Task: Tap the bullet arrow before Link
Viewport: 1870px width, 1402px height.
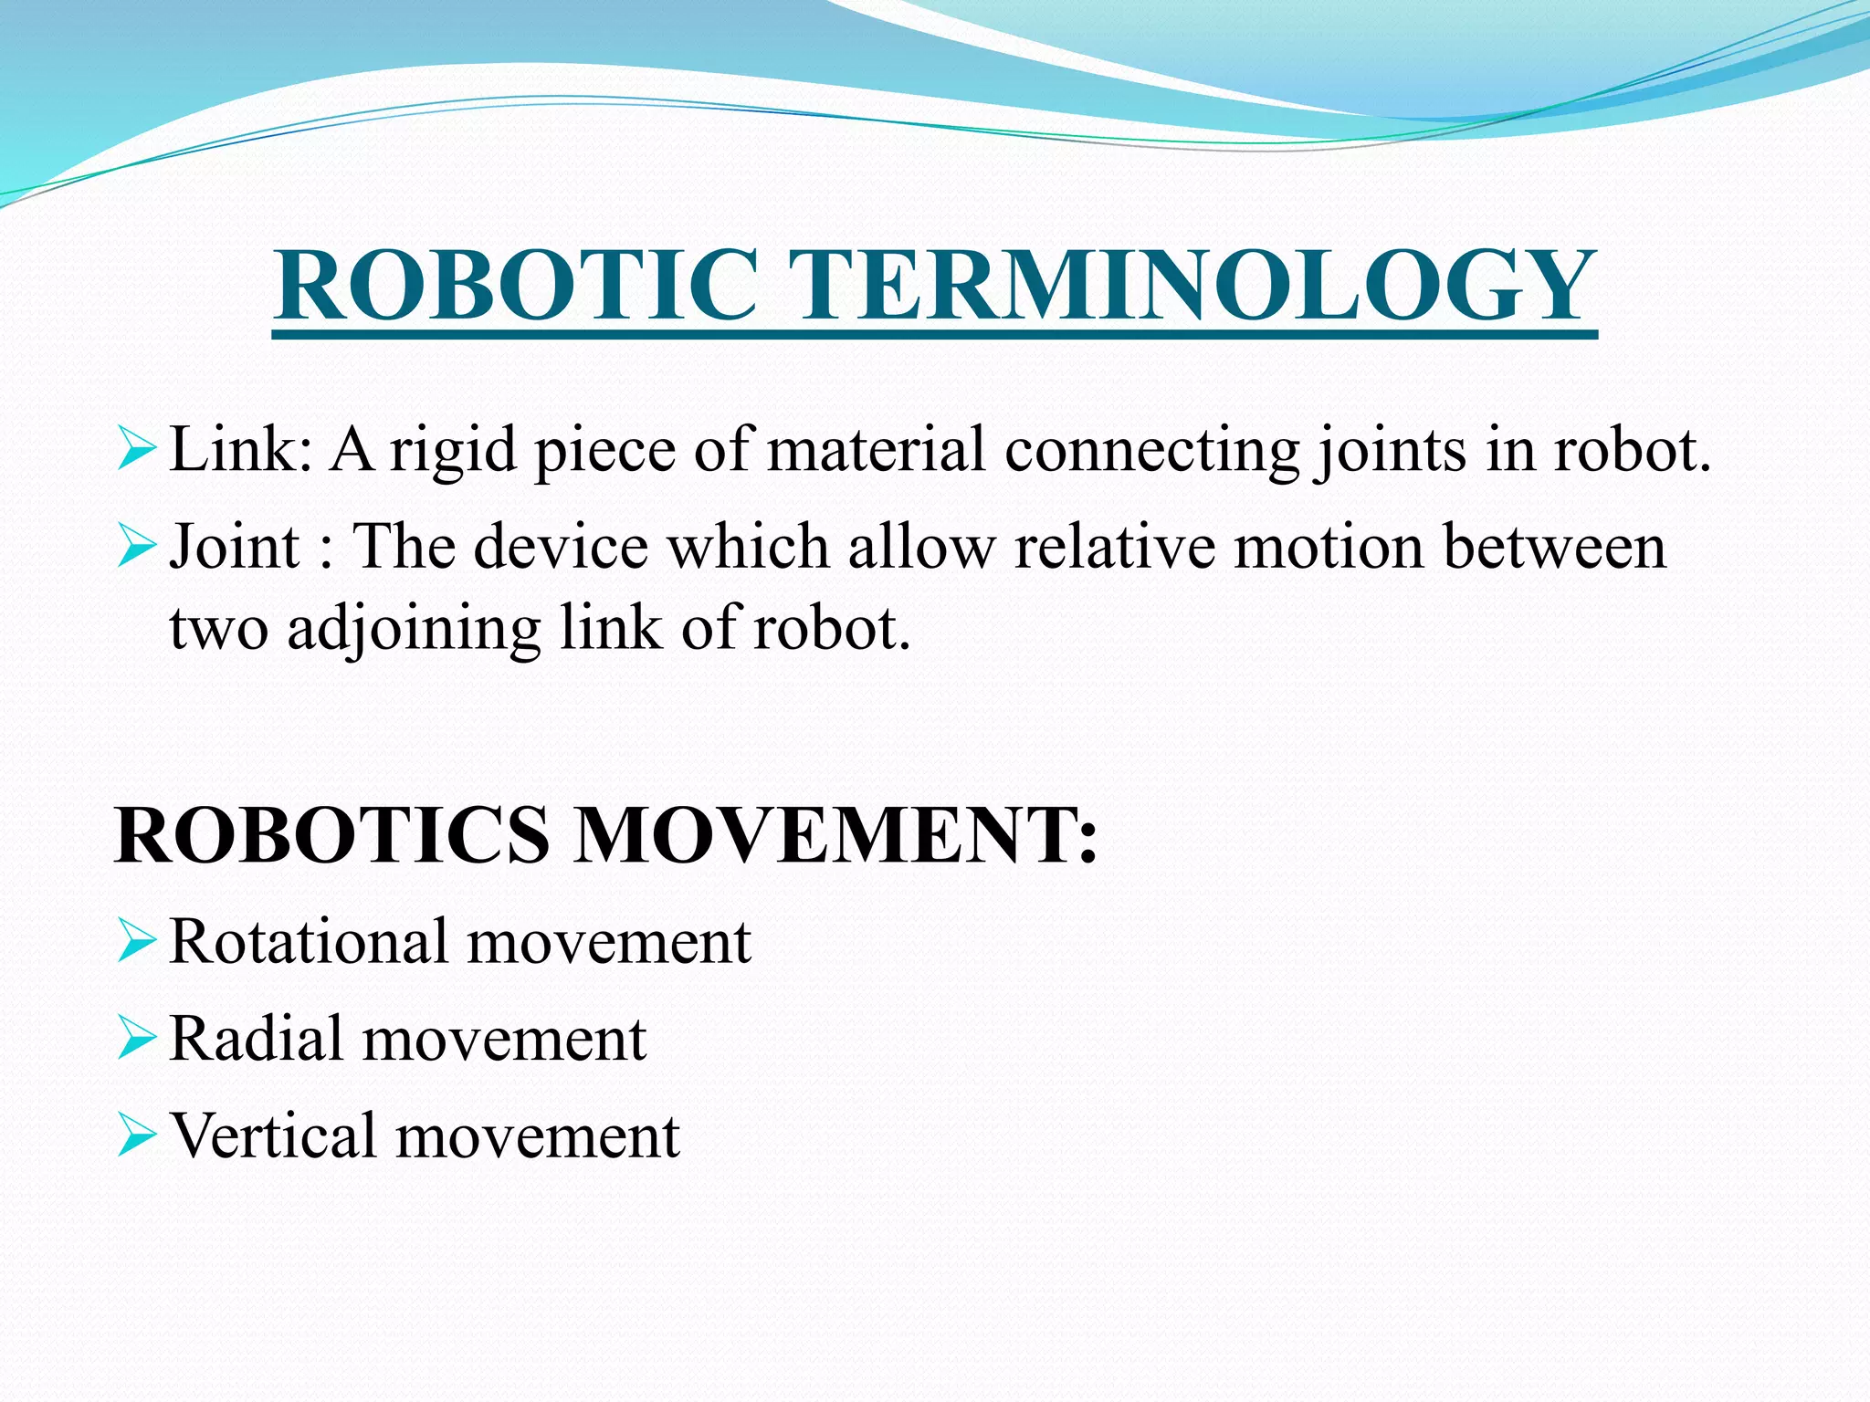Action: point(137,451)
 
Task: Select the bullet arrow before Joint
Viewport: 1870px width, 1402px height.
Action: point(137,548)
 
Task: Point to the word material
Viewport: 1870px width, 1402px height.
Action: point(876,451)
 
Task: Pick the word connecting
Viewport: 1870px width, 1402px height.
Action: point(1151,453)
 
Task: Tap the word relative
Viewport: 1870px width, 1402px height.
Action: point(1115,548)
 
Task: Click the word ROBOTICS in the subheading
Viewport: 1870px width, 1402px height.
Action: point(332,835)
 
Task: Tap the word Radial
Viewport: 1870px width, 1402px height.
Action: point(257,1040)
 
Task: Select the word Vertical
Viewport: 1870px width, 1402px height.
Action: point(274,1136)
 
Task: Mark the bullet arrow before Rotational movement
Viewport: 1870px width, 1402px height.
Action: point(137,942)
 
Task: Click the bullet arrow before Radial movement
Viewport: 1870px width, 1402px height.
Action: point(137,1040)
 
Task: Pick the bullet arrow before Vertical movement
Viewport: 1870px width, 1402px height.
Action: point(137,1137)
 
